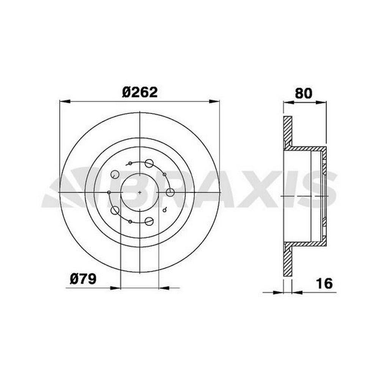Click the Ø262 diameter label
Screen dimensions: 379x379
coord(140,92)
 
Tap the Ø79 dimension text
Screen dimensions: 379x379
coord(83,279)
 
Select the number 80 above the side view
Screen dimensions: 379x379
coord(303,93)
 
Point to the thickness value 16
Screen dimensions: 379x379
coord(324,283)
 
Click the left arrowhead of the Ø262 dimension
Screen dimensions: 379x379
coord(65,102)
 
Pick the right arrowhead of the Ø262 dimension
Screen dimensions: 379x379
coord(215,102)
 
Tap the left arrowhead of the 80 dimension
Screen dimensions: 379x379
coord(288,103)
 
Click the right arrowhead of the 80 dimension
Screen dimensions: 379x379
coord(321,103)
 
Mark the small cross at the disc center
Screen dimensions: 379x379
coord(140,193)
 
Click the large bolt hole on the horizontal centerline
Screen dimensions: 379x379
coord(171,193)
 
